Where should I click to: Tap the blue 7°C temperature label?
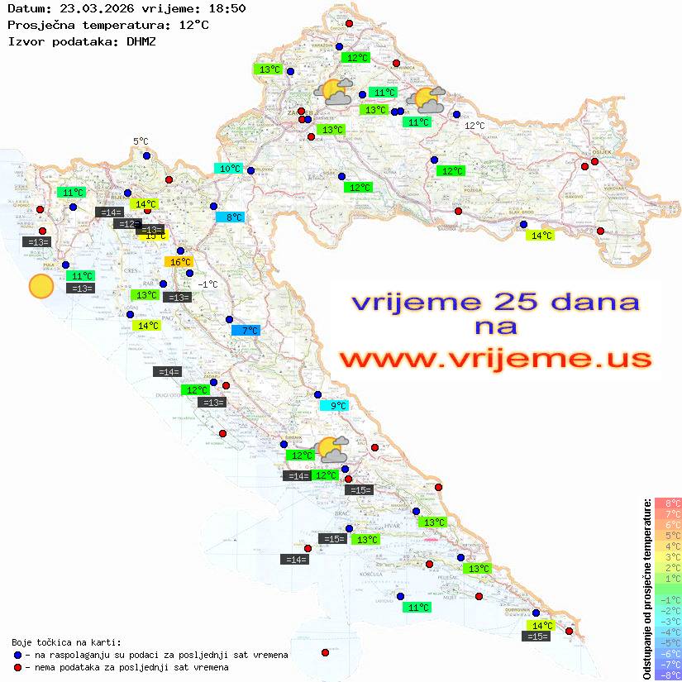pos(246,331)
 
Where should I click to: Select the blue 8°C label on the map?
pos(230,217)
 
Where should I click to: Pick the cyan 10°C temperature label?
pos(228,169)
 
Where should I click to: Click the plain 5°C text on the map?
pos(141,142)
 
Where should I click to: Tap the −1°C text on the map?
pos(207,284)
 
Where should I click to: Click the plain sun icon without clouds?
pos(41,287)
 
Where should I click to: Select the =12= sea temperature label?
pos(126,224)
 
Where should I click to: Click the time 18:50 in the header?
pos(227,8)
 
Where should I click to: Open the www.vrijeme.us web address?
pos(494,359)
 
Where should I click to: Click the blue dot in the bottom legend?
pos(18,655)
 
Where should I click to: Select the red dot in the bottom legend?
pos(18,667)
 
